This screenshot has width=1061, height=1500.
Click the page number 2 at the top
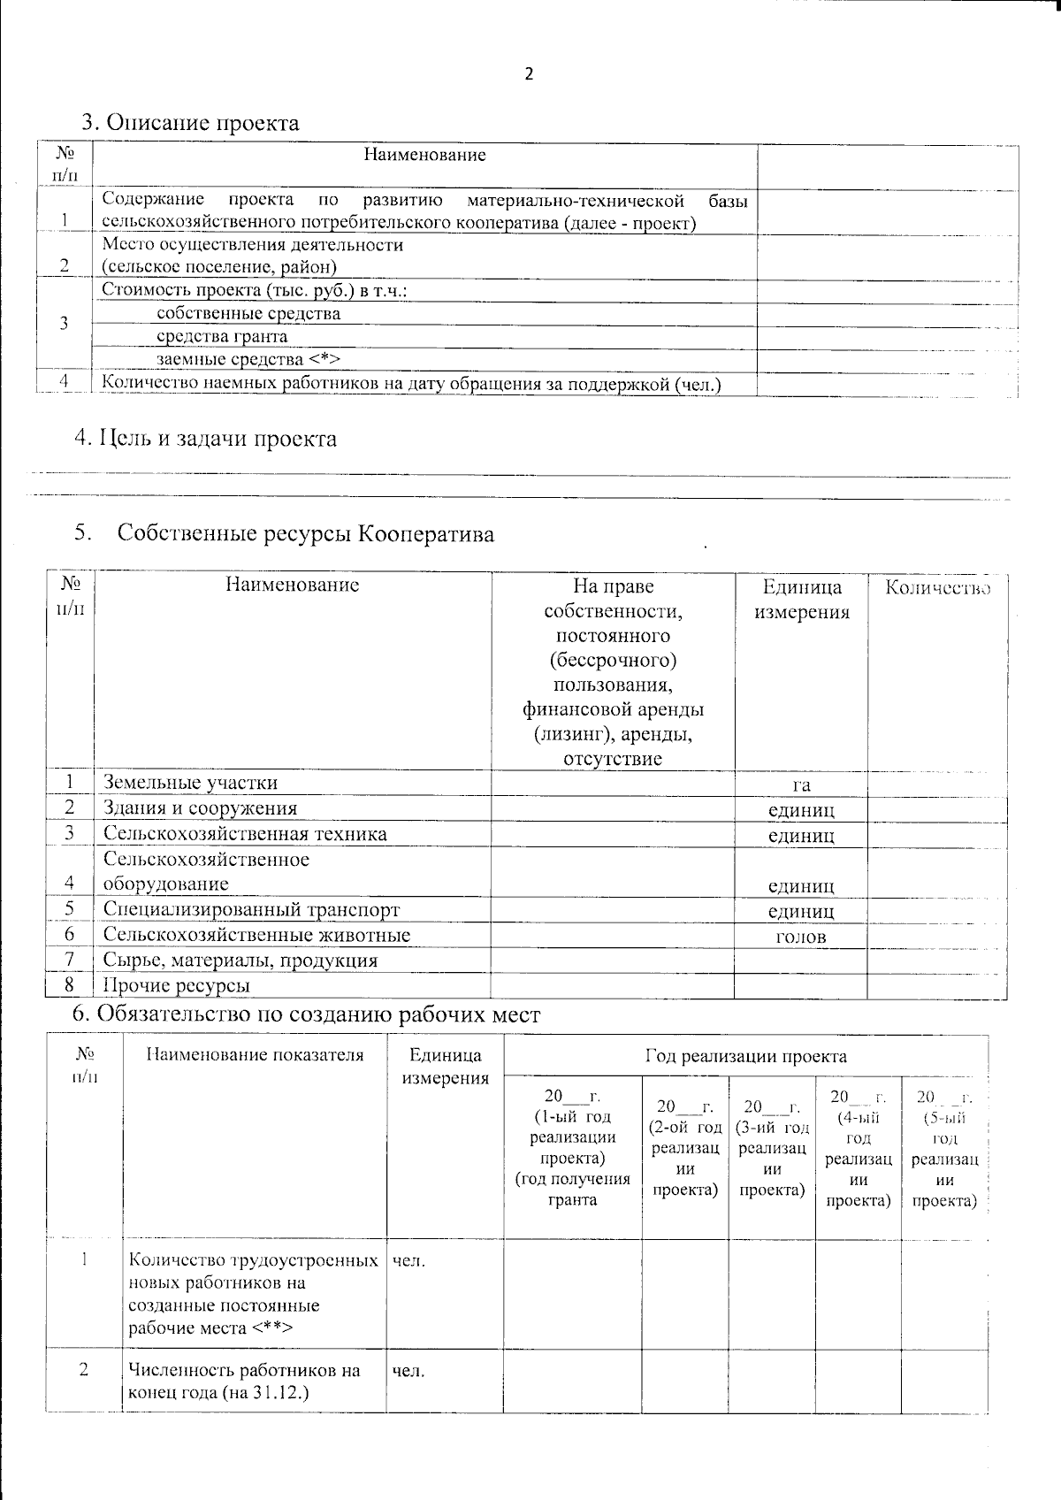530,74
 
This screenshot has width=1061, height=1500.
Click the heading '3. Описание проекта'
190,122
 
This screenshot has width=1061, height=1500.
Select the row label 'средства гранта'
222,337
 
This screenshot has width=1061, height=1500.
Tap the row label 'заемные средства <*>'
248,359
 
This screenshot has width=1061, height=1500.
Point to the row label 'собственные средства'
248,314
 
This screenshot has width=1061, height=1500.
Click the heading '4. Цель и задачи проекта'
205,438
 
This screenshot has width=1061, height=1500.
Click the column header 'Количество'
937,588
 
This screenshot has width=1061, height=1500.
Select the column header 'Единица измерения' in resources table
801,600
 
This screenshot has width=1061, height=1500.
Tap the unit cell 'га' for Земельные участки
801,784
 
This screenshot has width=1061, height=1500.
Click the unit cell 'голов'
801,937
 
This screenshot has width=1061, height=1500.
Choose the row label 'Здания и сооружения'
201,808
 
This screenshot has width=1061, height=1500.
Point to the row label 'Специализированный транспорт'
251,910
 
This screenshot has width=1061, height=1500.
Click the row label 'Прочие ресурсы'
177,985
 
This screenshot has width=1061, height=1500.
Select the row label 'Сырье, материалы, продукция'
240,960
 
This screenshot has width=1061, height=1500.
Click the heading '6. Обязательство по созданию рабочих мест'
305,1015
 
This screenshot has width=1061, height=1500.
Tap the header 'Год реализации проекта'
745,1056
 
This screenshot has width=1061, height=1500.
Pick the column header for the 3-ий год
772,1147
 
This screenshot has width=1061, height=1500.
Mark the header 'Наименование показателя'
255,1055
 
